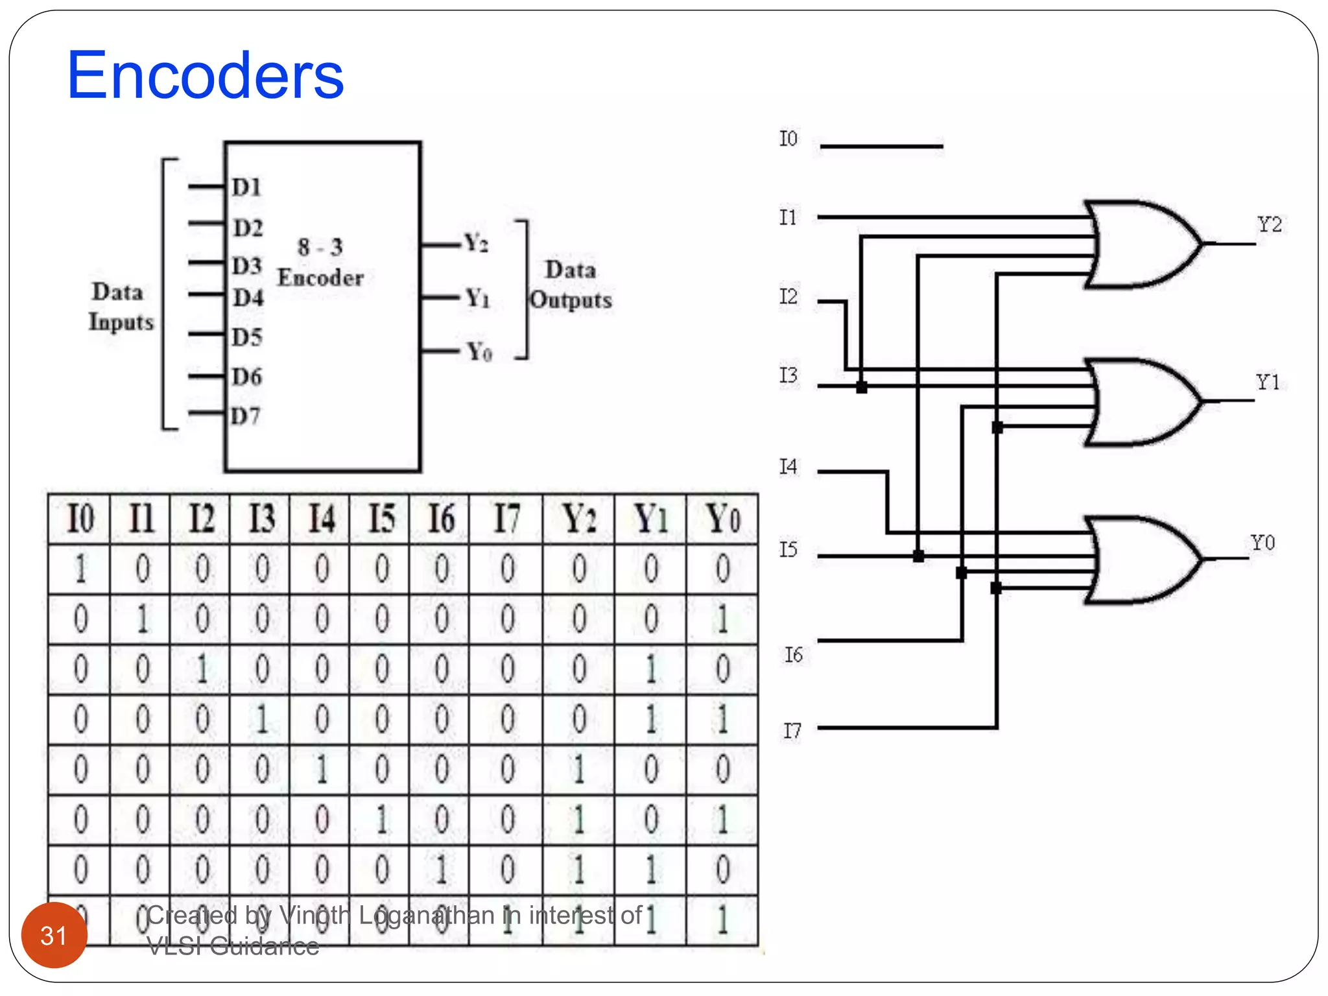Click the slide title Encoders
pos(205,76)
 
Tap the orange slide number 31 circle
pos(54,935)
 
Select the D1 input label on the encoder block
pos(246,187)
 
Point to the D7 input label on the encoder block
pos(246,416)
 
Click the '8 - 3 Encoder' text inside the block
pos(320,263)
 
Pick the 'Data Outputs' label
pos(570,285)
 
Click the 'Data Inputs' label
pos(121,307)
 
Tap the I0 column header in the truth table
pos(80,519)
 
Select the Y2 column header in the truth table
pos(579,519)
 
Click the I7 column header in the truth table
pos(507,519)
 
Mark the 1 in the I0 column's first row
pos(80,569)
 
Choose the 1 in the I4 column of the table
pos(322,770)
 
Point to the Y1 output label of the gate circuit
pos(1268,382)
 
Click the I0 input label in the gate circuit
pos(788,139)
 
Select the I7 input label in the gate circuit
pos(792,731)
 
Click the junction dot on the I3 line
pos(861,387)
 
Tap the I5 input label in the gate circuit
pos(788,550)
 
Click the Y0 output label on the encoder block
pos(479,352)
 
